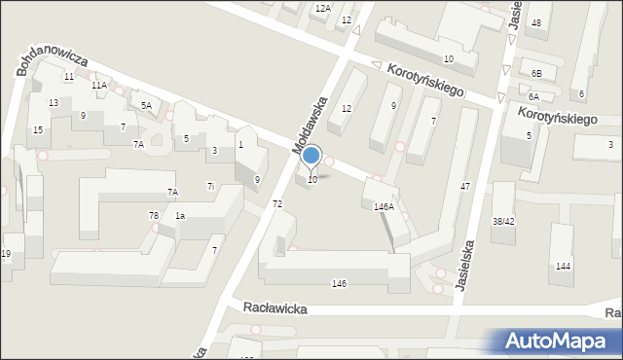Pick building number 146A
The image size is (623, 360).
[384, 207]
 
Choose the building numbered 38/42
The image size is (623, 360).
[503, 221]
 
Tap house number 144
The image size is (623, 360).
[563, 266]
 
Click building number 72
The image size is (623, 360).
[277, 203]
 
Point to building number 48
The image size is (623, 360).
[536, 22]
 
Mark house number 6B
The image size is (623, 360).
[535, 73]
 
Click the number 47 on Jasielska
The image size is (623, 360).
[465, 185]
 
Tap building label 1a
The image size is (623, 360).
[180, 215]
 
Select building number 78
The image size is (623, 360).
[154, 215]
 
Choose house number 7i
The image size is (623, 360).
[210, 186]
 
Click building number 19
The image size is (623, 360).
[6, 254]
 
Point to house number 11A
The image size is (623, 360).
[99, 86]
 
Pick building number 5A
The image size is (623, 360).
[146, 105]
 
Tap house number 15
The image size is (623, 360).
[38, 129]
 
